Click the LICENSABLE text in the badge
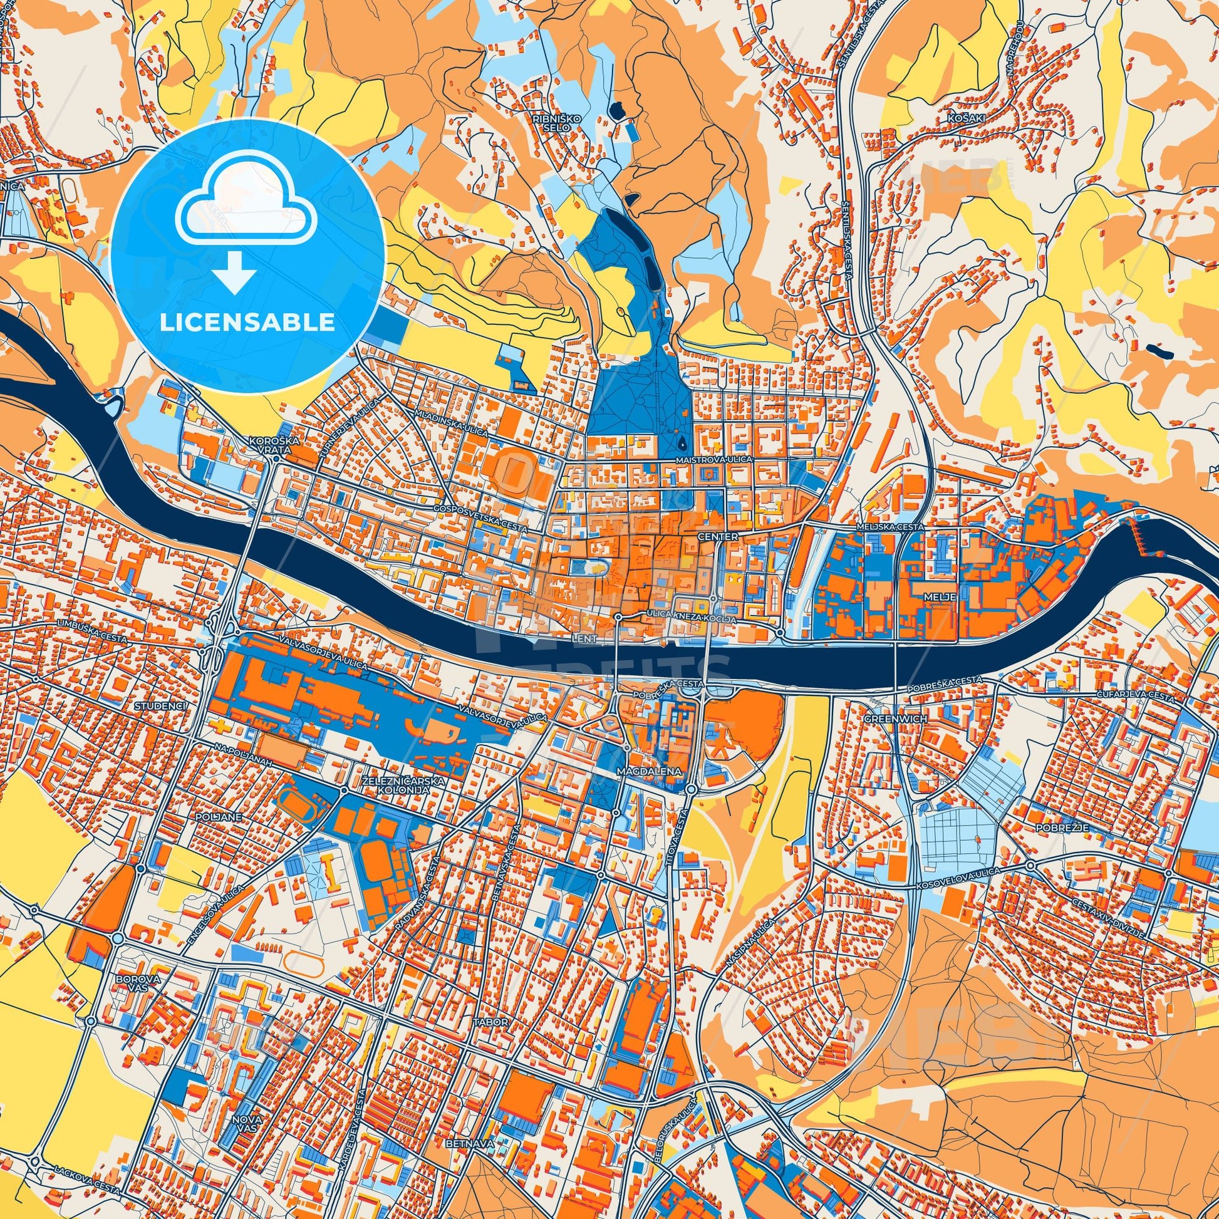click(247, 323)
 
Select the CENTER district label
click(718, 536)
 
